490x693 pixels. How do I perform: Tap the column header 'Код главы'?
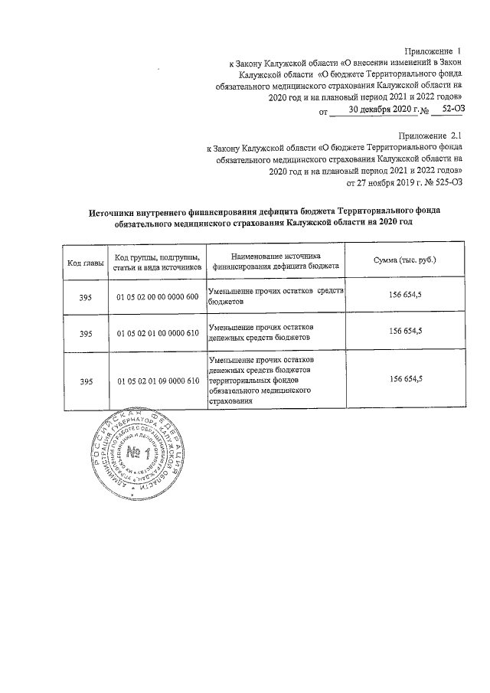coord(81,263)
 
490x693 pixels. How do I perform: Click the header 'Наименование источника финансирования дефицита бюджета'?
coord(276,262)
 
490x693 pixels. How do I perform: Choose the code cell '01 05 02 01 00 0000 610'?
coord(158,333)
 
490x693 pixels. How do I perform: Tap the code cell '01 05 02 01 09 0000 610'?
coord(158,381)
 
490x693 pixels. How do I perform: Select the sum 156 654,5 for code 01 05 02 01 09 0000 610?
coord(406,379)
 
